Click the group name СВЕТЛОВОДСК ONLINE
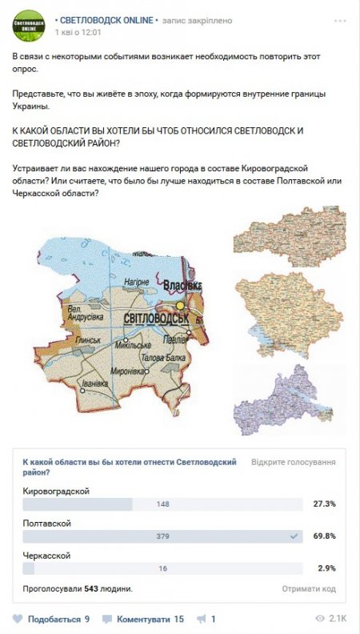coord(107,19)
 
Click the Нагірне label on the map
coord(139,282)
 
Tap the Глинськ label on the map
coord(86,340)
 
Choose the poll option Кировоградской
coord(56,491)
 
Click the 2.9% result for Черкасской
coord(324,568)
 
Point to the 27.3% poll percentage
coord(324,504)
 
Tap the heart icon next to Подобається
coord(18,619)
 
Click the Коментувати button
coord(144,619)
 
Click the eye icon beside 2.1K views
coord(320,619)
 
